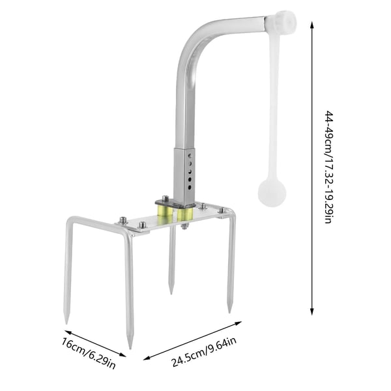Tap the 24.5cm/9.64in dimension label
click(204, 352)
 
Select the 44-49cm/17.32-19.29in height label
click(328, 167)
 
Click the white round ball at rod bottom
click(272, 193)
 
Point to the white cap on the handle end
click(281, 21)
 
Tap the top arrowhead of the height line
click(311, 25)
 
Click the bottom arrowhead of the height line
click(311, 311)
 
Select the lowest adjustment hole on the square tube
click(190, 187)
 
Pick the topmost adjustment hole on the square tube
click(190, 156)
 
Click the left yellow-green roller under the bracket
click(165, 210)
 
